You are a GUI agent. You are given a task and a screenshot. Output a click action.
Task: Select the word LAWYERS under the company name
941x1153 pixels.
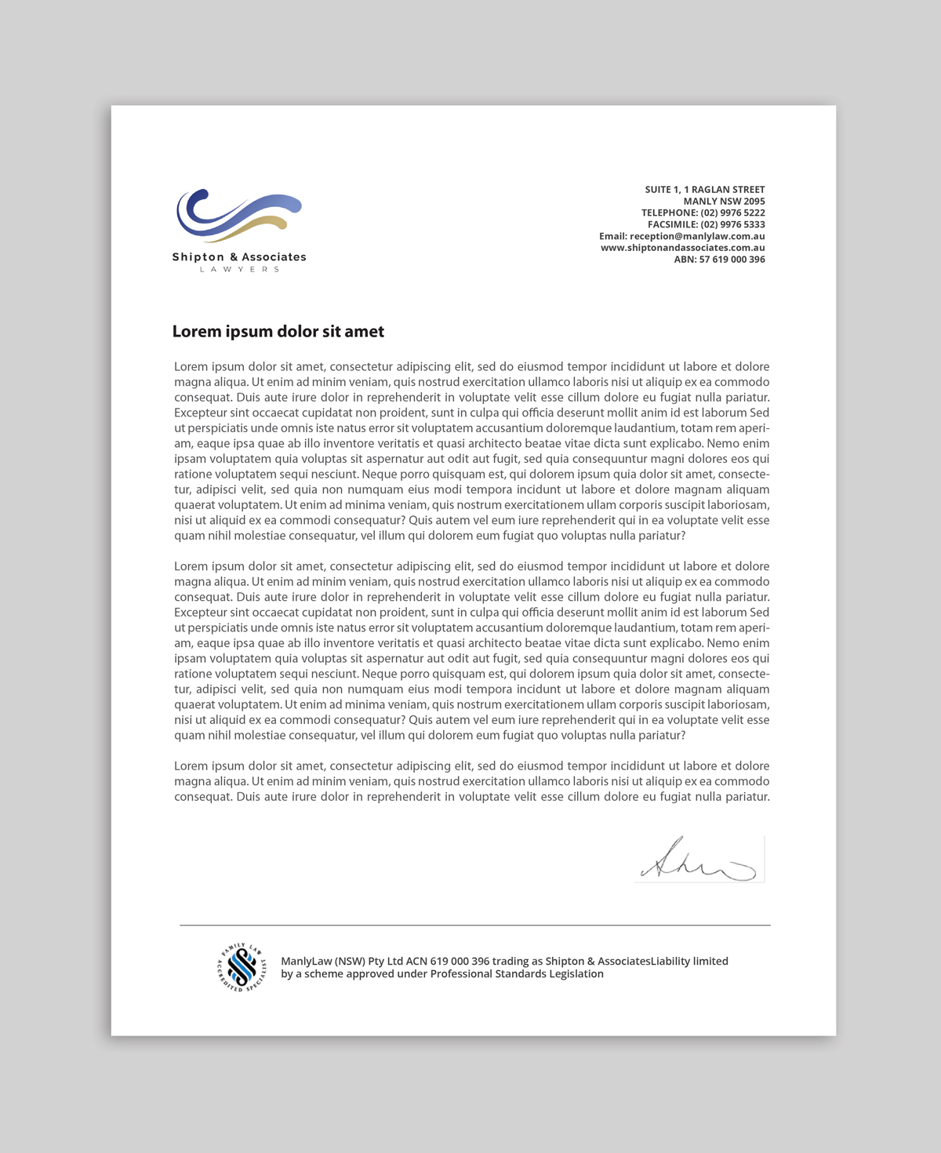click(x=239, y=270)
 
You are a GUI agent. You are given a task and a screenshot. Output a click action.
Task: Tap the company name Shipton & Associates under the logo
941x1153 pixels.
click(x=239, y=257)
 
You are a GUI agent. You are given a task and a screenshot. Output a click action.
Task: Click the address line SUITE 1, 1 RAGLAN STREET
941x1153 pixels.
click(x=704, y=190)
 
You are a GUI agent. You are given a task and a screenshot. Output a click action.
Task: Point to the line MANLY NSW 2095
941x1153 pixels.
click(x=723, y=202)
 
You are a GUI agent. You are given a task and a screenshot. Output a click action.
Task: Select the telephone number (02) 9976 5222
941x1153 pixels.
click(x=732, y=213)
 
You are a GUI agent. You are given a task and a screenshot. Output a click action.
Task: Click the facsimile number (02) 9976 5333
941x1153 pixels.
click(x=732, y=224)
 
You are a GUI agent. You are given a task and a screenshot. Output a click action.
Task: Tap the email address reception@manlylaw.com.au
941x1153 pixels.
click(x=697, y=236)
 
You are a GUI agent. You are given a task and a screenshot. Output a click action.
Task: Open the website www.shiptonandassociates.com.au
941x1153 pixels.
click(x=682, y=248)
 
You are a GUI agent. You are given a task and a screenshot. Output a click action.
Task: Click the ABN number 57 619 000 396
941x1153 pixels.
click(x=732, y=260)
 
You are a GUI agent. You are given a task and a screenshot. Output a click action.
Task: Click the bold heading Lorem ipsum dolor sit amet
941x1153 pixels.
click(x=278, y=332)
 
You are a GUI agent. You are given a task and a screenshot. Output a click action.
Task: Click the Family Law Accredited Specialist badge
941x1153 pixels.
click(x=242, y=967)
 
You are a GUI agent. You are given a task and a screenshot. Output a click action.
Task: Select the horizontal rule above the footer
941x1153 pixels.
click(x=474, y=926)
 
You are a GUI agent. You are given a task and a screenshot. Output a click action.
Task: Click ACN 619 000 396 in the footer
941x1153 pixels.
click(x=447, y=962)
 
